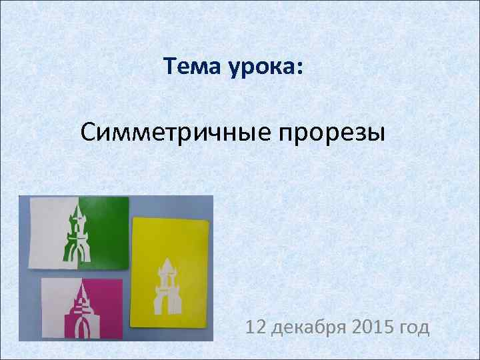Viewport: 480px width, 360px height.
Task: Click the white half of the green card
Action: click(51, 233)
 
